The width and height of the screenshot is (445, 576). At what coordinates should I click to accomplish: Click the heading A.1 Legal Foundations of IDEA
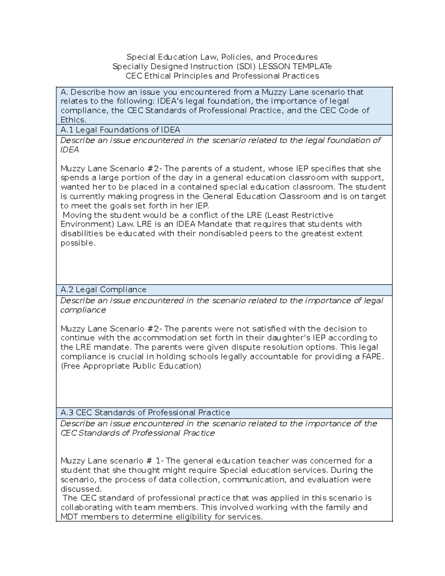pyautogui.click(x=120, y=130)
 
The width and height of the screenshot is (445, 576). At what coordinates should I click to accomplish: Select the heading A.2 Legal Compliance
pyautogui.click(x=103, y=290)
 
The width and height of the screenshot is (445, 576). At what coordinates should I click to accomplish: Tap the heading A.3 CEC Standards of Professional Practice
pyautogui.click(x=145, y=413)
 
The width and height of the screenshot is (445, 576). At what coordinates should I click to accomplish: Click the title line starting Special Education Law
pyautogui.click(x=222, y=57)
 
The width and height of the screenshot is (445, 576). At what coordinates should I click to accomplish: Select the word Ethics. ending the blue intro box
pyautogui.click(x=73, y=120)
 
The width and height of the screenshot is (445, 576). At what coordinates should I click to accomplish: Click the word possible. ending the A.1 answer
pyautogui.click(x=78, y=243)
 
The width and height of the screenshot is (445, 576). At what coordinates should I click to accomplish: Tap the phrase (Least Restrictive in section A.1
pyautogui.click(x=297, y=215)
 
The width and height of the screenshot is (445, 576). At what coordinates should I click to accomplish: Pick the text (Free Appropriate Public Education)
pyautogui.click(x=131, y=366)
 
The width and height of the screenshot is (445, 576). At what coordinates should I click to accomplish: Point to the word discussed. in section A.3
pyautogui.click(x=81, y=489)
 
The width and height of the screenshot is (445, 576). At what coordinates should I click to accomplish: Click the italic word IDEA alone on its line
pyautogui.click(x=70, y=150)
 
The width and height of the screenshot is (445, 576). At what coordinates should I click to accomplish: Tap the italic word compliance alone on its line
pyautogui.click(x=83, y=310)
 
